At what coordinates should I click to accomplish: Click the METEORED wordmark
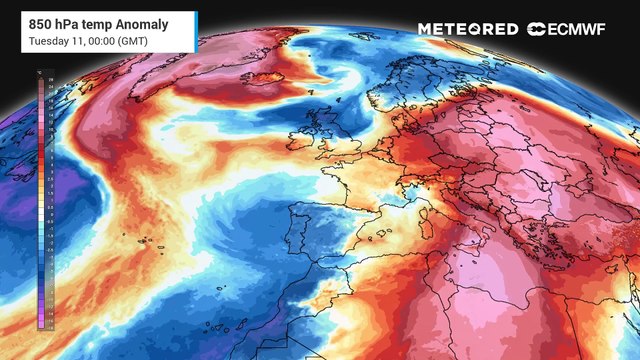coord(467,29)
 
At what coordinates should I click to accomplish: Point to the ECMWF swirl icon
coord(537,29)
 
